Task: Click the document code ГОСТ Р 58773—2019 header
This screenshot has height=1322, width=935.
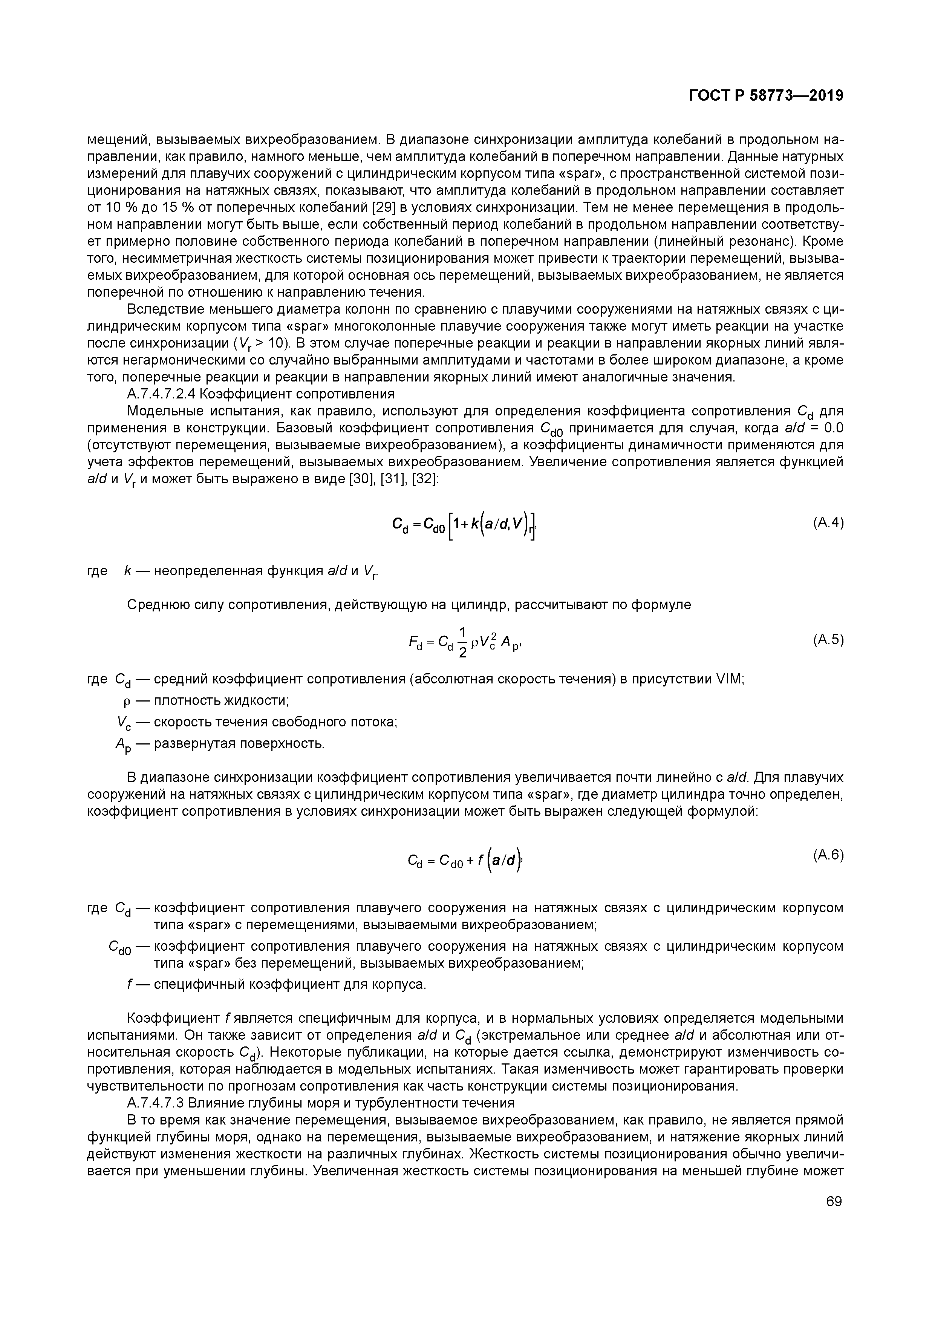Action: coord(766,96)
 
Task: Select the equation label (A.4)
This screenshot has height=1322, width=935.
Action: coord(828,523)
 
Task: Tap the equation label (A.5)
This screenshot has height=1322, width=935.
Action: coord(828,640)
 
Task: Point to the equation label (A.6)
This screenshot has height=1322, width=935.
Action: coord(828,856)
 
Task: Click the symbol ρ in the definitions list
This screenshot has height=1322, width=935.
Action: coord(127,701)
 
